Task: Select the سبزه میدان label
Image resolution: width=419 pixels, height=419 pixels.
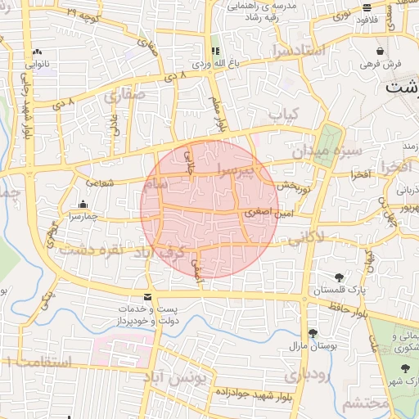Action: click(x=322, y=152)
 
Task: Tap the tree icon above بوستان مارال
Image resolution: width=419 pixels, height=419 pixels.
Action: click(x=313, y=333)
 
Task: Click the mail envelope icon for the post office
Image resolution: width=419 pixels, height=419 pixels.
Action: click(x=147, y=296)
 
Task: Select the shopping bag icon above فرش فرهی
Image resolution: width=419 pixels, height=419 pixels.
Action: click(x=381, y=51)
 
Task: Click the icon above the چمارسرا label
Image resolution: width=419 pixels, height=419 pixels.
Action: click(x=82, y=205)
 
